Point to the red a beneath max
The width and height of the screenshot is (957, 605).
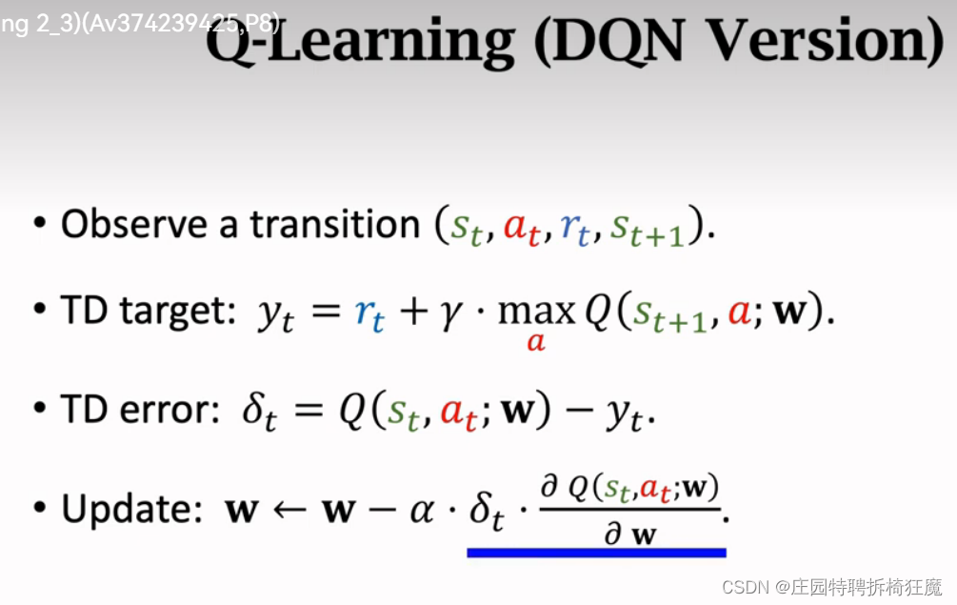click(x=536, y=342)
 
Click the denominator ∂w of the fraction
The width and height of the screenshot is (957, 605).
click(x=630, y=534)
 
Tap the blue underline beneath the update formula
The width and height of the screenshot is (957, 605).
click(x=596, y=552)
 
